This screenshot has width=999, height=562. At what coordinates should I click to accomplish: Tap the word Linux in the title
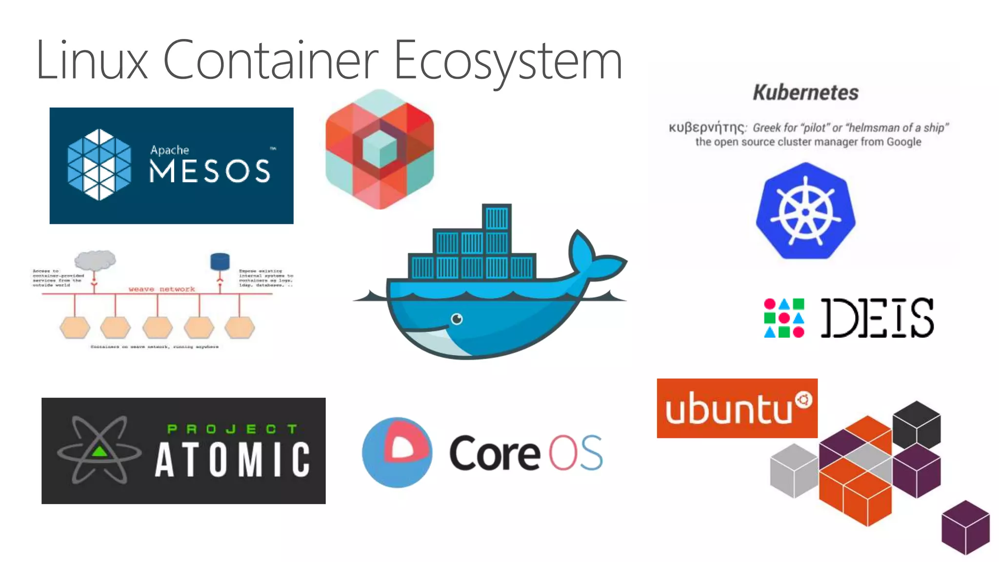click(92, 61)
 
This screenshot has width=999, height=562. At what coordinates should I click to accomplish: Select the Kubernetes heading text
click(805, 93)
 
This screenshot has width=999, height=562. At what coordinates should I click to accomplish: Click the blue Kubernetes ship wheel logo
click(805, 211)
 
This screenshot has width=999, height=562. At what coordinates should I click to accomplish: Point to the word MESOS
click(210, 171)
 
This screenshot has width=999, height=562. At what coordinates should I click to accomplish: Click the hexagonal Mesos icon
click(100, 164)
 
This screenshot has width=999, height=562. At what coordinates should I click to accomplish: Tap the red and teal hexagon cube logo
click(380, 149)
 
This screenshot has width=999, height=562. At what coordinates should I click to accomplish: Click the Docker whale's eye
click(457, 319)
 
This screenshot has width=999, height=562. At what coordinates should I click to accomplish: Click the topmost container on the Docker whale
click(497, 217)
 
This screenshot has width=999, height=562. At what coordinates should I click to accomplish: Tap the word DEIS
click(877, 318)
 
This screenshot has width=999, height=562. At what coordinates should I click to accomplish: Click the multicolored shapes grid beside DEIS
click(784, 318)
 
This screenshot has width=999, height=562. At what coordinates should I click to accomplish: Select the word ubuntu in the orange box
click(729, 409)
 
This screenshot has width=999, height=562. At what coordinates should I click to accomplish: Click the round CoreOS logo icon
click(397, 452)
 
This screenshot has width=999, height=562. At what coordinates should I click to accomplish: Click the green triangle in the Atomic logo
click(100, 451)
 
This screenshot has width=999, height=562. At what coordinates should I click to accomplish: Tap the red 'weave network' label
click(161, 289)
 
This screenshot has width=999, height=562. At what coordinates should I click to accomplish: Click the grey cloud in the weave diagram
click(96, 260)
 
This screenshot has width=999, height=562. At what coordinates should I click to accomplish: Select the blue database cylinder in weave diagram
click(220, 262)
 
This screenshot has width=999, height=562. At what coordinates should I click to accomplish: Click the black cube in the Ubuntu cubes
click(917, 423)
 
